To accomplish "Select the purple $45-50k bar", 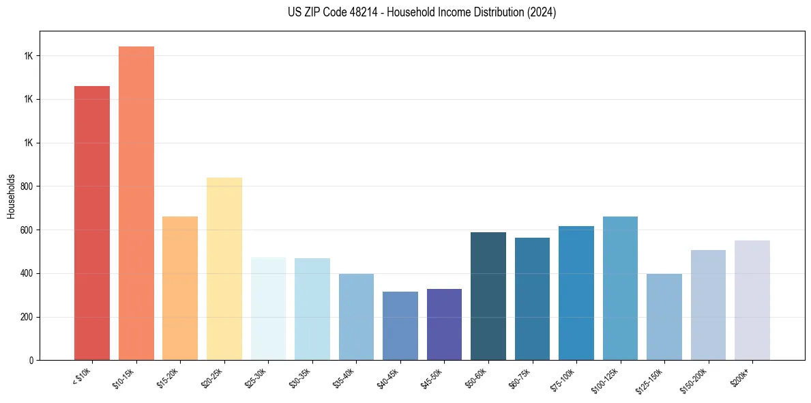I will [444, 324].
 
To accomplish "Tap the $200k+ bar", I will [752, 300].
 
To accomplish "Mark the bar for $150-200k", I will [708, 305].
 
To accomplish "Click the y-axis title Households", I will [12, 195].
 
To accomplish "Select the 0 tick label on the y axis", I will [31, 361].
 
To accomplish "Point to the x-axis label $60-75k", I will [519, 378].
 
